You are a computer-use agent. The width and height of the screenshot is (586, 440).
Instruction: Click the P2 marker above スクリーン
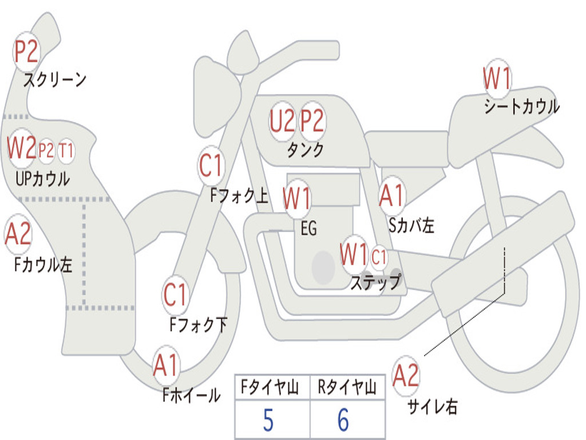click(26, 52)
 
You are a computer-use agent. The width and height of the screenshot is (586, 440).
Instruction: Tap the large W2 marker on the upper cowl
click(22, 148)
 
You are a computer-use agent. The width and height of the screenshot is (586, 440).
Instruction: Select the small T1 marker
click(66, 151)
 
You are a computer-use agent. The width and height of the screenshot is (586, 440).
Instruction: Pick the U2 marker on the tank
click(283, 121)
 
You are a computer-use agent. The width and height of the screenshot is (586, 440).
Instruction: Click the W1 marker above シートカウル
click(497, 78)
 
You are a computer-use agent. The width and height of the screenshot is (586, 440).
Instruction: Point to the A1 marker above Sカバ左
click(393, 195)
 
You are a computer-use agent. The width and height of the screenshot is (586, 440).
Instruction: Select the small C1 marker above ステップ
click(379, 257)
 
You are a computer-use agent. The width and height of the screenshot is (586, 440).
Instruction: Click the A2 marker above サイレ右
click(406, 375)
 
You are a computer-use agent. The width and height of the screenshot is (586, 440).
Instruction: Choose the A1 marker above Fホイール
click(166, 365)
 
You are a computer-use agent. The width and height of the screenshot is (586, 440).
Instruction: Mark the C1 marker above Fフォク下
click(175, 294)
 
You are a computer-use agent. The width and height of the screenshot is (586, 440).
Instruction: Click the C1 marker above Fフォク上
click(211, 166)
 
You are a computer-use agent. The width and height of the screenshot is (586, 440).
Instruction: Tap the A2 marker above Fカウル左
click(18, 234)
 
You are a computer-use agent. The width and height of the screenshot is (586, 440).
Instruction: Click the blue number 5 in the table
click(268, 421)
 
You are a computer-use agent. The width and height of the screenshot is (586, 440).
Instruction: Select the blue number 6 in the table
click(343, 421)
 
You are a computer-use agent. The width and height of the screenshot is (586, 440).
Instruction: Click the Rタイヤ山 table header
click(347, 388)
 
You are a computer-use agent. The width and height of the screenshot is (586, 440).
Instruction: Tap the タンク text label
click(305, 150)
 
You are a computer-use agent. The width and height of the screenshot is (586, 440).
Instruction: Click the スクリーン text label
click(55, 80)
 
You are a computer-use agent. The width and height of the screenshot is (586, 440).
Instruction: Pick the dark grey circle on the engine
click(323, 267)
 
